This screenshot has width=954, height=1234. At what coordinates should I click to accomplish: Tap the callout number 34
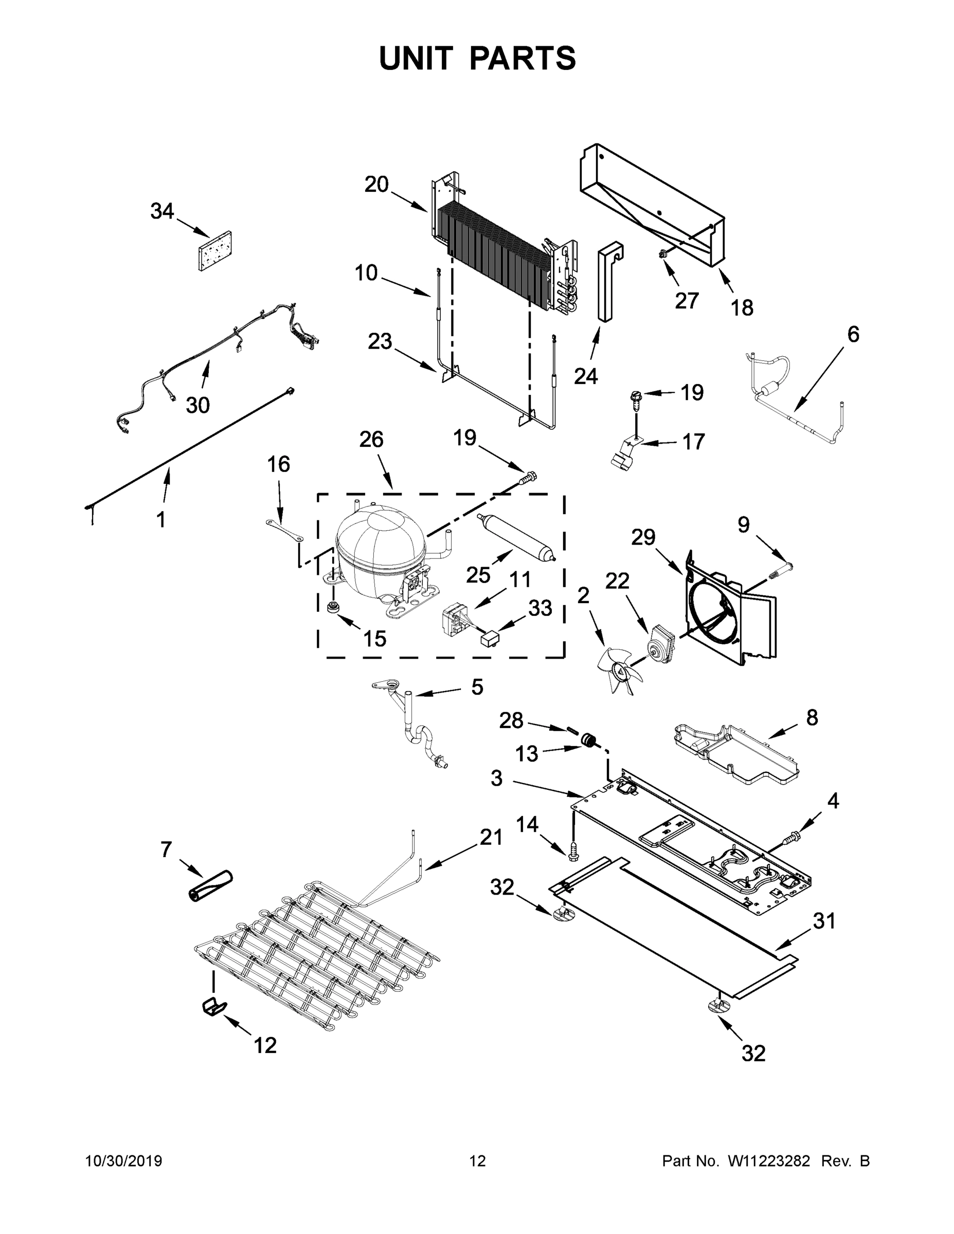click(161, 211)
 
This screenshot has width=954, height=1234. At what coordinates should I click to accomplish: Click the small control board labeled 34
click(215, 251)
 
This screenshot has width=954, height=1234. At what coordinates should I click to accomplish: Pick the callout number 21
click(491, 853)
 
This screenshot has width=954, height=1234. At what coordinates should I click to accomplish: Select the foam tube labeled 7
click(209, 886)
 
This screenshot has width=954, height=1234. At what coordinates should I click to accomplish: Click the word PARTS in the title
click(523, 58)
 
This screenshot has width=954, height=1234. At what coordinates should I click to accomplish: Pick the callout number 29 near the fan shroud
click(643, 537)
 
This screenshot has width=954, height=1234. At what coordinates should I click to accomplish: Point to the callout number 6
click(853, 335)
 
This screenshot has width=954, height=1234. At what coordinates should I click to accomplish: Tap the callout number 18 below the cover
click(742, 308)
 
